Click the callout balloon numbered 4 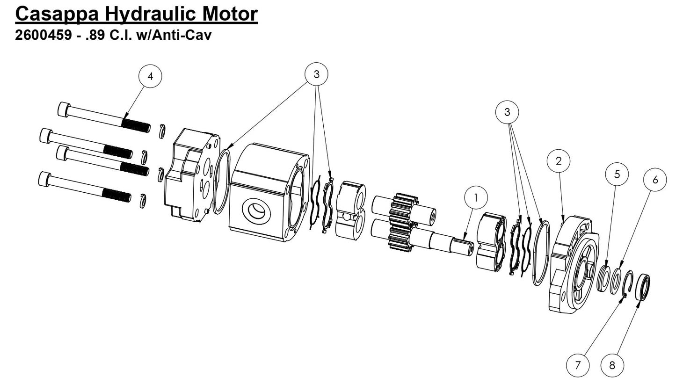click(150, 76)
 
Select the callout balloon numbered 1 click(476, 198)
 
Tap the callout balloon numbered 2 click(559, 161)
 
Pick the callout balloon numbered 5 click(617, 174)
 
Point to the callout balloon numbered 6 click(655, 180)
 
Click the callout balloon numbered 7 click(577, 365)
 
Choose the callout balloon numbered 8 click(612, 365)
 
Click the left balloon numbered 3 click(316, 74)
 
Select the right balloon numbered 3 click(507, 112)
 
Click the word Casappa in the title click(57, 14)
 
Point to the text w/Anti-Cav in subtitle click(174, 35)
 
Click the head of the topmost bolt click(64, 109)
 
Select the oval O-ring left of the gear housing click(221, 182)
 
